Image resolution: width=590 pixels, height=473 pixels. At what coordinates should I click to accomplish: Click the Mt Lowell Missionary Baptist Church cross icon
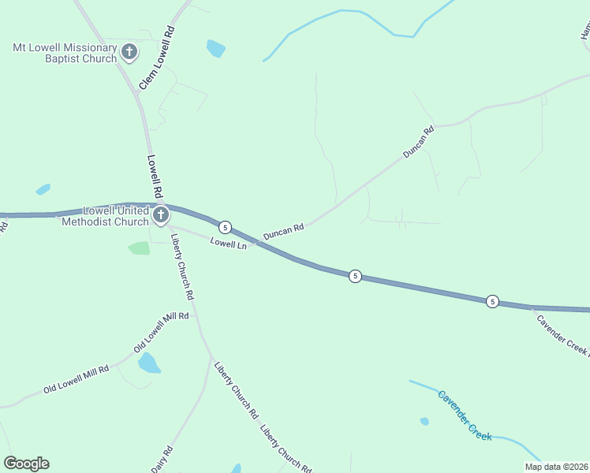(129, 53)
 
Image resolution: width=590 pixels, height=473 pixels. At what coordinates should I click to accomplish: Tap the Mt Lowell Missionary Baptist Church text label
(65, 53)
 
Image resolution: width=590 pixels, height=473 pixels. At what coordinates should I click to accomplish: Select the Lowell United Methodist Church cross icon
(161, 215)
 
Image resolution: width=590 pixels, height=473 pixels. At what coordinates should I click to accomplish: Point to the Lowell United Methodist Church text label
(106, 216)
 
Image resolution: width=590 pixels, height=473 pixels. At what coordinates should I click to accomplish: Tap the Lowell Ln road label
(229, 244)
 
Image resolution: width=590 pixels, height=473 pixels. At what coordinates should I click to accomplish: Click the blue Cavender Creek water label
(465, 415)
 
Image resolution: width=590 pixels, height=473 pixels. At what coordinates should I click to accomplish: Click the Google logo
(26, 464)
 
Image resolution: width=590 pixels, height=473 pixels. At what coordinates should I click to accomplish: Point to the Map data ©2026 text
(555, 467)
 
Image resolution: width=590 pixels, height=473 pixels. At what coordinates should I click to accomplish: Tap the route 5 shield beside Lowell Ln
(226, 227)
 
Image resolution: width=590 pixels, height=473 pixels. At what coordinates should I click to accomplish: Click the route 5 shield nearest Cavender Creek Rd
(492, 301)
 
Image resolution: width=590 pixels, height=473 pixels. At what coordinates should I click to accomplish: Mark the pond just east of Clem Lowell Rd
(215, 48)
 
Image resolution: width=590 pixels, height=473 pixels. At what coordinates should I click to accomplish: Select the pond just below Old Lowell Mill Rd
(148, 363)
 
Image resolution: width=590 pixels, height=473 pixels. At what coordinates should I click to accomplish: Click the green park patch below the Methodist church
(139, 248)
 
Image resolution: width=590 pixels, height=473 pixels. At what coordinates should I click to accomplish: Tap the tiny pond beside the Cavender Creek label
(424, 421)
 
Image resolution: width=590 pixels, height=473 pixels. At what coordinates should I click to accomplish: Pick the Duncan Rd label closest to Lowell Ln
(283, 231)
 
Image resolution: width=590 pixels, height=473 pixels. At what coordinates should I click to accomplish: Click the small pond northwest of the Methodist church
(43, 189)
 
